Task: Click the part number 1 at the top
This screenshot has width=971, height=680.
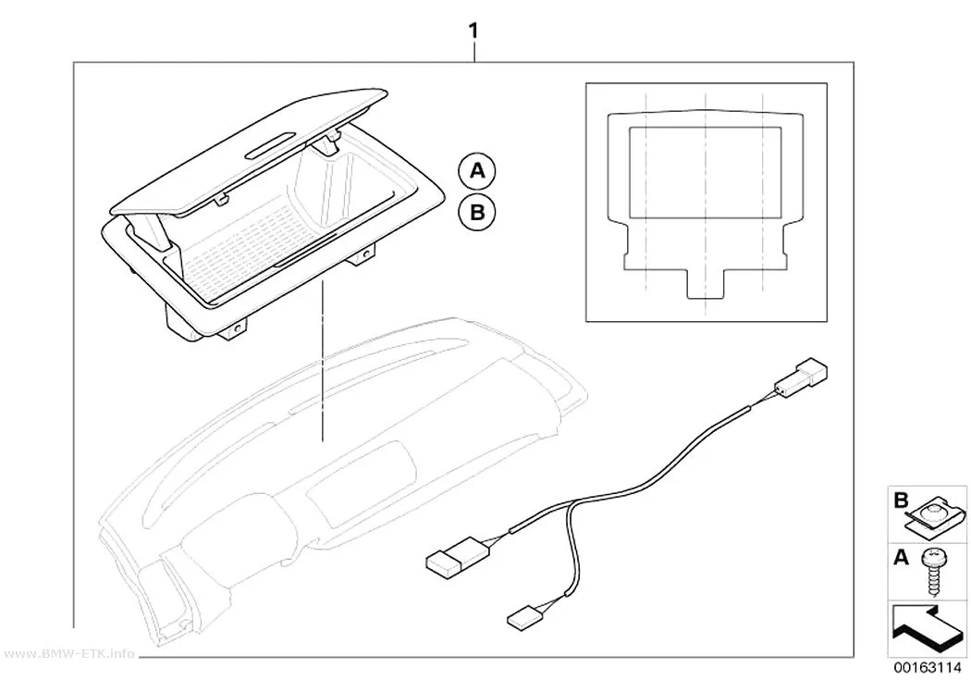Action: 473,31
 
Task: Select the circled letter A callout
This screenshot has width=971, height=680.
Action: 477,170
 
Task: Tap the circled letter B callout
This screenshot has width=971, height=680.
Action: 477,213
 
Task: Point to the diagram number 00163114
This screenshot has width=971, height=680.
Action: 927,668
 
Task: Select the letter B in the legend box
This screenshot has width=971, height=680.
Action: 901,501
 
